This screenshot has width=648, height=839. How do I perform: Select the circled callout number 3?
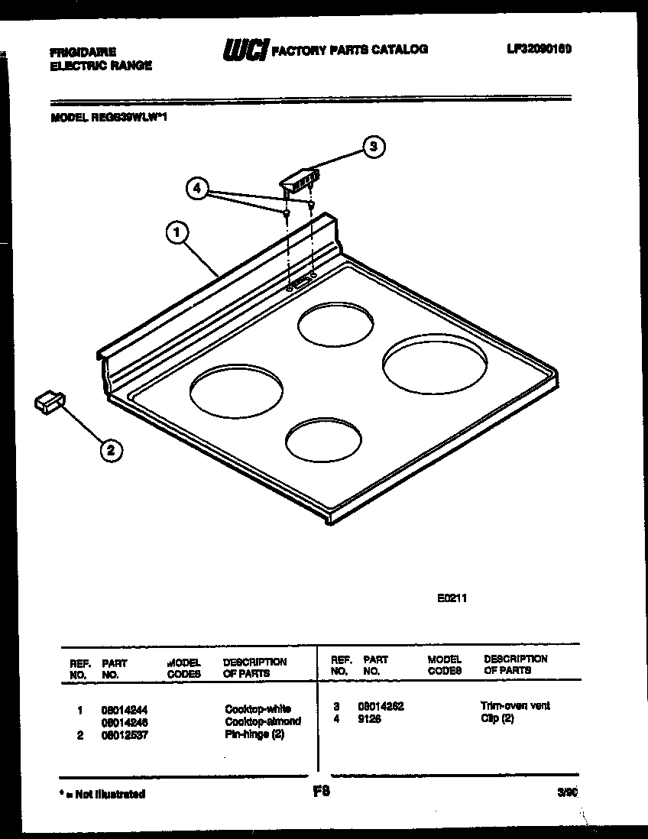click(372, 147)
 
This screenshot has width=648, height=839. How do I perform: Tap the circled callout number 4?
click(197, 188)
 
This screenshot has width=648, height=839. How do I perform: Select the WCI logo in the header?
click(245, 50)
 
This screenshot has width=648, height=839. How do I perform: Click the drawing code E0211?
click(451, 599)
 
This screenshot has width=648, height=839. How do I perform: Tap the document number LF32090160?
click(539, 49)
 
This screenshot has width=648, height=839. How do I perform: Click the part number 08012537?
click(125, 735)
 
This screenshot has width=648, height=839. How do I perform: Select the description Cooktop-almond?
click(262, 721)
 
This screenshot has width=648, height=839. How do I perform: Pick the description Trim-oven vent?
click(514, 706)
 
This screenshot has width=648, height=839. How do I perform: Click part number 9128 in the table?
click(369, 720)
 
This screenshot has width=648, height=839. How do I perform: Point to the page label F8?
click(322, 792)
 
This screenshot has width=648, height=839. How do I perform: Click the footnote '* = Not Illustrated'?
click(102, 795)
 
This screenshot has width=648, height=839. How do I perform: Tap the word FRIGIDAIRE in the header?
click(83, 52)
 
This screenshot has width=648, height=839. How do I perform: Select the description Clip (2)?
click(497, 720)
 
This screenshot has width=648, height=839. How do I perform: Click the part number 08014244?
click(125, 709)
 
